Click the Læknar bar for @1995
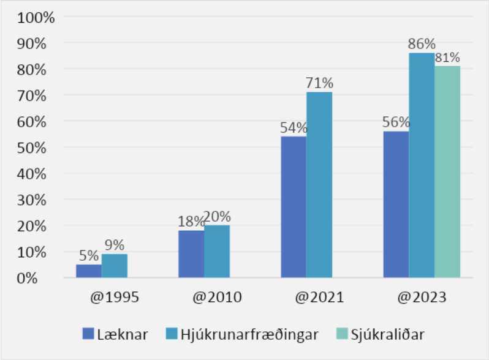pyautogui.click(x=89, y=271)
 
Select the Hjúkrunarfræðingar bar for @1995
pyautogui.click(x=115, y=266)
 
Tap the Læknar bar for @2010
pyautogui.click(x=191, y=254)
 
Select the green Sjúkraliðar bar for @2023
pyautogui.click(x=447, y=171)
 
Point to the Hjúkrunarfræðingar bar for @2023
pyautogui.click(x=422, y=165)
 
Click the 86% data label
pyautogui.click(x=422, y=45)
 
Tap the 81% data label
pyautogui.click(x=447, y=58)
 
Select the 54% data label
pyautogui.click(x=294, y=129)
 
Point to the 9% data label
pyautogui.click(x=115, y=246)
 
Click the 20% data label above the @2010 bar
pyautogui.click(x=218, y=217)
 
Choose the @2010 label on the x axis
pyautogui.click(x=217, y=298)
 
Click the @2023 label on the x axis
pyautogui.click(x=422, y=298)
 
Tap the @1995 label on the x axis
pyautogui.click(x=115, y=298)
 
